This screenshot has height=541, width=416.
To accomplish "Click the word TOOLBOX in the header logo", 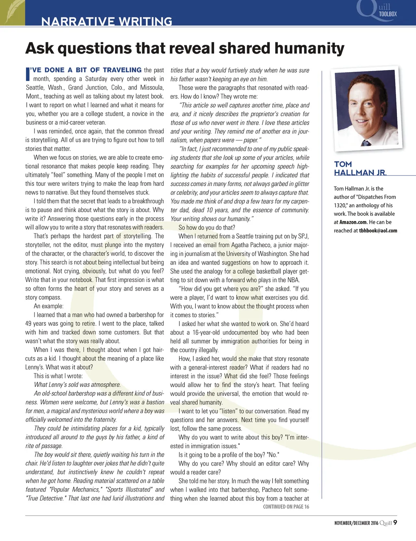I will click(388, 14).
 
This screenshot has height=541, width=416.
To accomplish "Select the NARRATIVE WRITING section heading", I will click(107, 21).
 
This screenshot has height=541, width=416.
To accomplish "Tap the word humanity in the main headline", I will click(309, 48).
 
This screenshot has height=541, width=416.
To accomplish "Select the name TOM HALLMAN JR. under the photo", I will click(360, 168).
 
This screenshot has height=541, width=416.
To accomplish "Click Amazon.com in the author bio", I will click(353, 222).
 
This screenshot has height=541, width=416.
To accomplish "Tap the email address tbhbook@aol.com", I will click(378, 231).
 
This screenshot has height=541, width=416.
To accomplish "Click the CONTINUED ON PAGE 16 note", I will click(286, 507).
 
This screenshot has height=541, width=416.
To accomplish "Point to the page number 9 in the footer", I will click(395, 523).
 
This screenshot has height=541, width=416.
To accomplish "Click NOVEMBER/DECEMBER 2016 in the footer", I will click(356, 523).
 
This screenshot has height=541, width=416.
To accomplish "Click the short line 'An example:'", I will click(48, 306).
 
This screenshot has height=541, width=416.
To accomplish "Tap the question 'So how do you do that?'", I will click(207, 228).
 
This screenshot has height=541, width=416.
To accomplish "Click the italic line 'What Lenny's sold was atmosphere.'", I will click(77, 384).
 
